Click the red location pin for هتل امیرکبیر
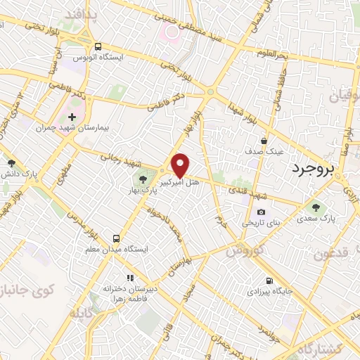[x=181, y=165]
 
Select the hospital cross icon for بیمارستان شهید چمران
[x=72, y=117]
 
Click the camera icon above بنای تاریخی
[x=262, y=212]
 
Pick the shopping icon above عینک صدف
[x=264, y=141]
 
